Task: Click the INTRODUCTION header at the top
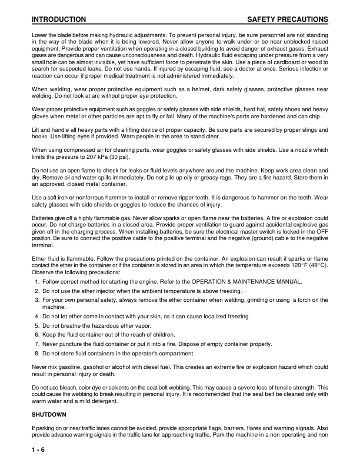[x=59, y=20]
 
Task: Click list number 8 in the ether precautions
[x=36, y=353]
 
